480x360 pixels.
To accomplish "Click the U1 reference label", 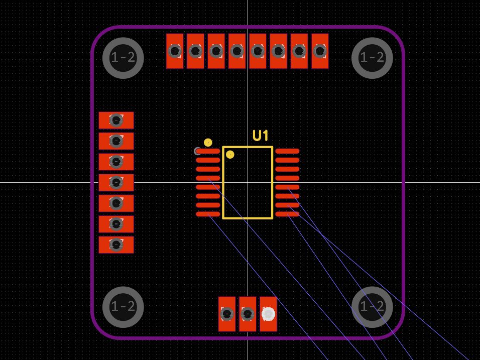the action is [x=261, y=136].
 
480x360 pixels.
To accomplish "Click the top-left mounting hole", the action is [x=123, y=58].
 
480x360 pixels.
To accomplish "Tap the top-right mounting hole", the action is [x=372, y=58].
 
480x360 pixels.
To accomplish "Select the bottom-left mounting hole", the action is [x=123, y=307].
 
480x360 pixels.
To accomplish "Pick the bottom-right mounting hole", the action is [x=372, y=307].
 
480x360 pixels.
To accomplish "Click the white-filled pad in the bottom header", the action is [x=269, y=314].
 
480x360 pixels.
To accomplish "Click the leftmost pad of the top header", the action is [x=175, y=51].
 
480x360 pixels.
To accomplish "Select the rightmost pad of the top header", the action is [x=320, y=51].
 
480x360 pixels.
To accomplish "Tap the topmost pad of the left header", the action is [x=116, y=121].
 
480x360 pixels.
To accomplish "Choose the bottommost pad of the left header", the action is [x=116, y=245].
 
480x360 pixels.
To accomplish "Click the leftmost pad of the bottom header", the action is [x=227, y=314].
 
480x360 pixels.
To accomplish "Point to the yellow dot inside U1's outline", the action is [x=230, y=155].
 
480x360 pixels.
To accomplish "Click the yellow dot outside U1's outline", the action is [x=208, y=143].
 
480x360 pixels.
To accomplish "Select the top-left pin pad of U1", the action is [x=208, y=151].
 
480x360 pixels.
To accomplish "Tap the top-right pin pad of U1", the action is [x=287, y=151].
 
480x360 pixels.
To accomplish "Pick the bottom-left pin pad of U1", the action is [x=208, y=214].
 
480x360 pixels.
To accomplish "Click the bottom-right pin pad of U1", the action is [x=287, y=214].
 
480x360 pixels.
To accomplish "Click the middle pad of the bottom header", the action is [x=248, y=314].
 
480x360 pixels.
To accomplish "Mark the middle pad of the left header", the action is [x=116, y=182].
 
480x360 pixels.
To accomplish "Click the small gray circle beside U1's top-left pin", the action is [x=197, y=151].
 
